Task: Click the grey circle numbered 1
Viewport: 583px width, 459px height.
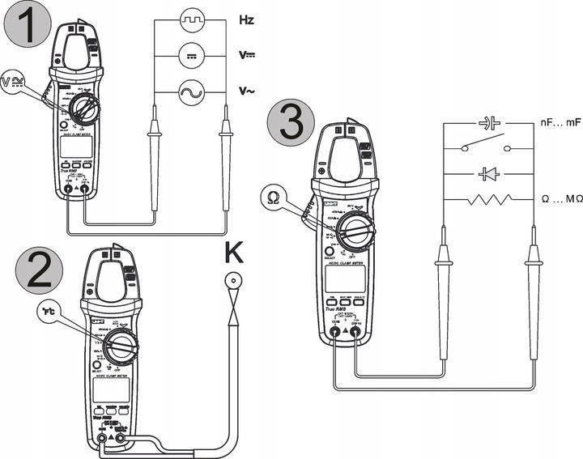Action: (25, 27)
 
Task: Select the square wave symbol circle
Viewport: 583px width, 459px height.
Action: (190, 18)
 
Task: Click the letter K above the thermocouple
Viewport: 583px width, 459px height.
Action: (236, 256)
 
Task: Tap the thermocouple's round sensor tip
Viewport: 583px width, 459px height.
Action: (236, 283)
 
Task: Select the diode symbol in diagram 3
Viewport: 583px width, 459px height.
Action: (488, 173)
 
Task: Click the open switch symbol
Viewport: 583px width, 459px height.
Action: (488, 148)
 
